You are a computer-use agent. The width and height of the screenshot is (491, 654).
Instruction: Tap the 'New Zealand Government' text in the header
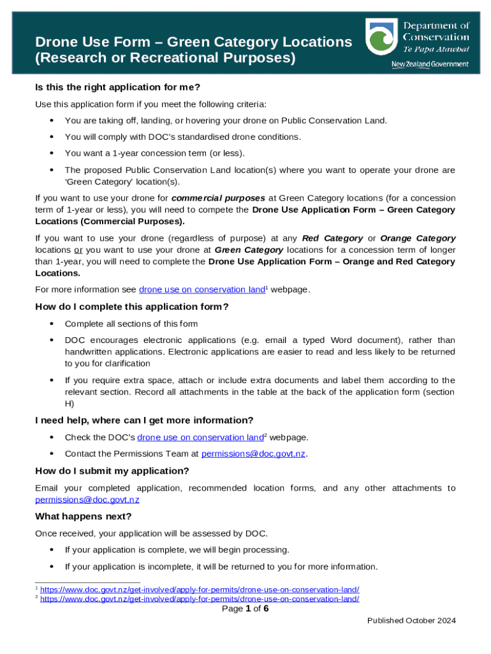click(x=430, y=65)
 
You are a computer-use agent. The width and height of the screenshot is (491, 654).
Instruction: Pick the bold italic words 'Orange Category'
click(x=418, y=238)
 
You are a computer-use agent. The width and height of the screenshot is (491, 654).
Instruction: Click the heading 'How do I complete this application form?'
click(x=131, y=307)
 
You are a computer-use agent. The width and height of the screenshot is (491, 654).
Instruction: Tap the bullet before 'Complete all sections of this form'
click(x=50, y=324)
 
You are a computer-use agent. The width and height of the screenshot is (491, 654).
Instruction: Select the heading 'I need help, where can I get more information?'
click(x=144, y=420)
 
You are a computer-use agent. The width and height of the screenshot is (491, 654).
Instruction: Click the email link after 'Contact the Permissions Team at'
click(x=254, y=454)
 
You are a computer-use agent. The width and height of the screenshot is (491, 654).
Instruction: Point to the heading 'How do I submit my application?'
click(x=112, y=471)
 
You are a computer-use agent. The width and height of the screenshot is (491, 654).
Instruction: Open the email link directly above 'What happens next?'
click(x=87, y=499)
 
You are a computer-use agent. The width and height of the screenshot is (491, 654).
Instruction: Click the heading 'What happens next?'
click(x=83, y=516)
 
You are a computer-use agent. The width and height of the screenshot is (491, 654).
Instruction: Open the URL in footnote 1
click(x=200, y=589)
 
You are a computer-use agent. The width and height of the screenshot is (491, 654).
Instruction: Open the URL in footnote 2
click(x=200, y=599)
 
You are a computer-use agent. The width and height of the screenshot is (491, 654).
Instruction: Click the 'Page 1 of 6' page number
click(x=245, y=609)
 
